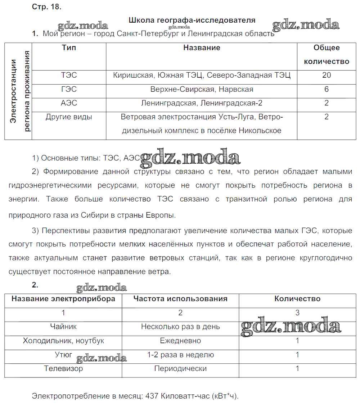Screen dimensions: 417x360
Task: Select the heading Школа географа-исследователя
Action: point(192,20)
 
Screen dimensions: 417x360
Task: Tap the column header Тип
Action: point(69,48)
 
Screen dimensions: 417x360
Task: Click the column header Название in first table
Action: point(202,48)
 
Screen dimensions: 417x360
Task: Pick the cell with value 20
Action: point(327,75)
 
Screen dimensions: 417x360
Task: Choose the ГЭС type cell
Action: point(69,89)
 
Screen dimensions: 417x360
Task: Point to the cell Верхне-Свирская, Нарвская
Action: point(202,89)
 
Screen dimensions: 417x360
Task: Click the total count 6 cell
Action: point(327,89)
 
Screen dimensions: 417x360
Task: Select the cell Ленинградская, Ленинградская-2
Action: point(202,103)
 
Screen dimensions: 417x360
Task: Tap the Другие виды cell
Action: point(69,117)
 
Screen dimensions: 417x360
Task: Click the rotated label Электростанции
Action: point(13,91)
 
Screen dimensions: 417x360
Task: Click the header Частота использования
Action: point(180,299)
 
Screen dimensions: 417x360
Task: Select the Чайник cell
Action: point(63,327)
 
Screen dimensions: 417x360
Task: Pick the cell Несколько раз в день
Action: point(180,327)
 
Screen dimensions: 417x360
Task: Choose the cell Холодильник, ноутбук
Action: point(63,340)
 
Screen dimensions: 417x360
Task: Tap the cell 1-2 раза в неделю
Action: point(180,355)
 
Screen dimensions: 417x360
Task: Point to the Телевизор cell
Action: point(63,368)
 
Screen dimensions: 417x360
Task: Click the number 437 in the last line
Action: point(151,396)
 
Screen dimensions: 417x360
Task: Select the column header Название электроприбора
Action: point(63,299)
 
